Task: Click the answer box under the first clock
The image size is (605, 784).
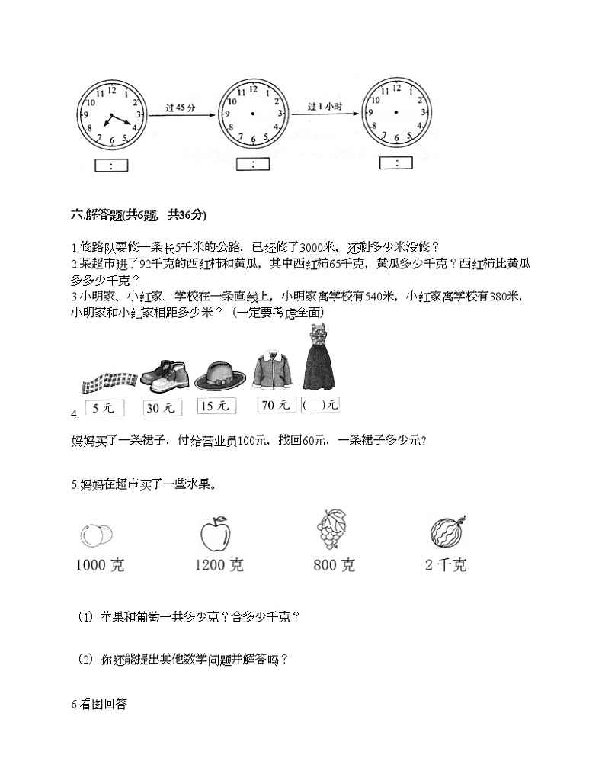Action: coord(111,165)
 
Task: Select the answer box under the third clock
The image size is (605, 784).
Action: coord(395,162)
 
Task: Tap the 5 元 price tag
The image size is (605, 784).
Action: coord(103,408)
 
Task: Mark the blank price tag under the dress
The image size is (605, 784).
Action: coord(321,406)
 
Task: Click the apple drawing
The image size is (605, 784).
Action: coord(215,533)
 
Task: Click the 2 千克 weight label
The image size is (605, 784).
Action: coord(447,565)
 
